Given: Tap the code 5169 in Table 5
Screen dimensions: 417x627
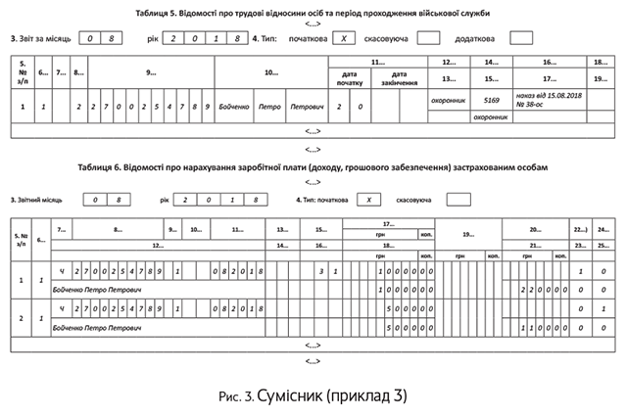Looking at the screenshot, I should [491, 99].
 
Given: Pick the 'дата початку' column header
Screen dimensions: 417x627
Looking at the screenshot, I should [350, 78].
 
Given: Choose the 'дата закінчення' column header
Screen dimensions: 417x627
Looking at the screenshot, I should [399, 78].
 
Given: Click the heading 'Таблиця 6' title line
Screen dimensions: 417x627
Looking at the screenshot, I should [313, 167].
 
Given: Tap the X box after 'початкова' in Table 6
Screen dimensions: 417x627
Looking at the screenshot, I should [368, 199].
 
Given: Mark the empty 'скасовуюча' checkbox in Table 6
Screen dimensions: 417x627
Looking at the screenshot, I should [458, 199].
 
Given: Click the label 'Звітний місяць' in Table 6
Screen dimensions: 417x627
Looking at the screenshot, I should [39, 199].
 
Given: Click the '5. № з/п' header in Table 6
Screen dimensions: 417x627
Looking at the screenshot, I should [21, 238].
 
